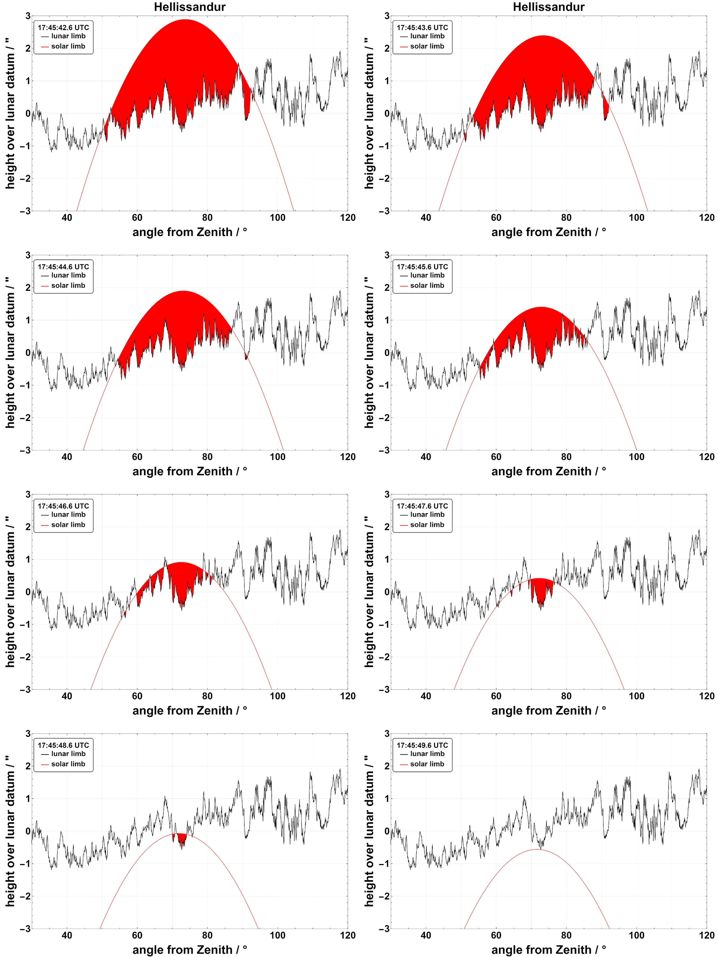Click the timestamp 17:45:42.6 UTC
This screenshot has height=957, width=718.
[x=63, y=27]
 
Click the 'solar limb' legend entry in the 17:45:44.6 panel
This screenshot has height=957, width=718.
[x=68, y=286]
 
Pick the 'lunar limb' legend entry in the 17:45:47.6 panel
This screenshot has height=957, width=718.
[x=427, y=514]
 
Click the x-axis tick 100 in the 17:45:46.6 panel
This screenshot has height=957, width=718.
[x=277, y=696]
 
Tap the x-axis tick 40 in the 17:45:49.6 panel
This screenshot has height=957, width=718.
[x=426, y=935]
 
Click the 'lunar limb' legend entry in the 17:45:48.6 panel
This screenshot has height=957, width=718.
[x=68, y=754]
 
